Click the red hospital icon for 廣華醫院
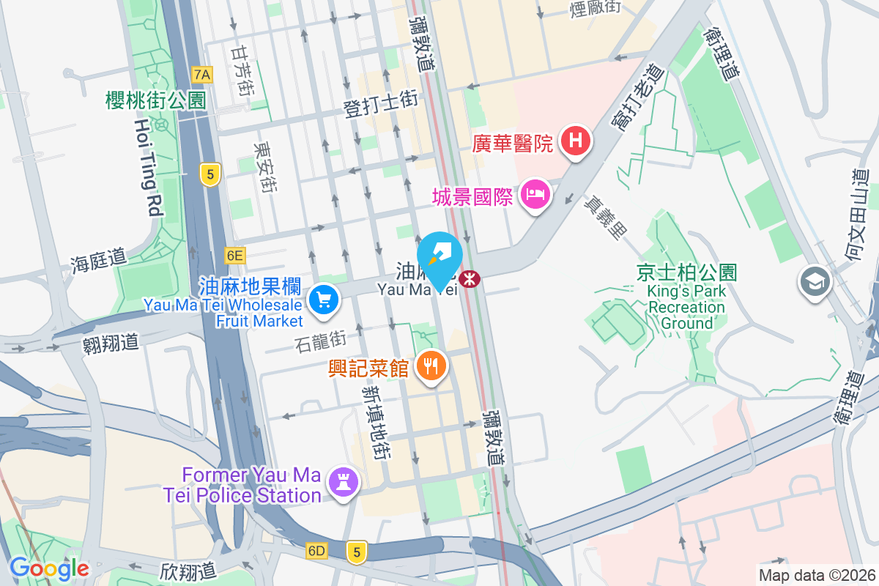tap(576, 142)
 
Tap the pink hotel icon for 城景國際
tap(535, 195)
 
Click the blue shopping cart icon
tap(323, 300)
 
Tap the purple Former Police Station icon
tap(342, 483)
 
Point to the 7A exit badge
tap(202, 74)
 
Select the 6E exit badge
tap(234, 255)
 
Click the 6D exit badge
tap(316, 549)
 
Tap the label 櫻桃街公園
tap(155, 100)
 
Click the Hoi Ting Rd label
tap(146, 167)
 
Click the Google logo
tap(49, 568)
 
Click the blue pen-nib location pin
tap(439, 256)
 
